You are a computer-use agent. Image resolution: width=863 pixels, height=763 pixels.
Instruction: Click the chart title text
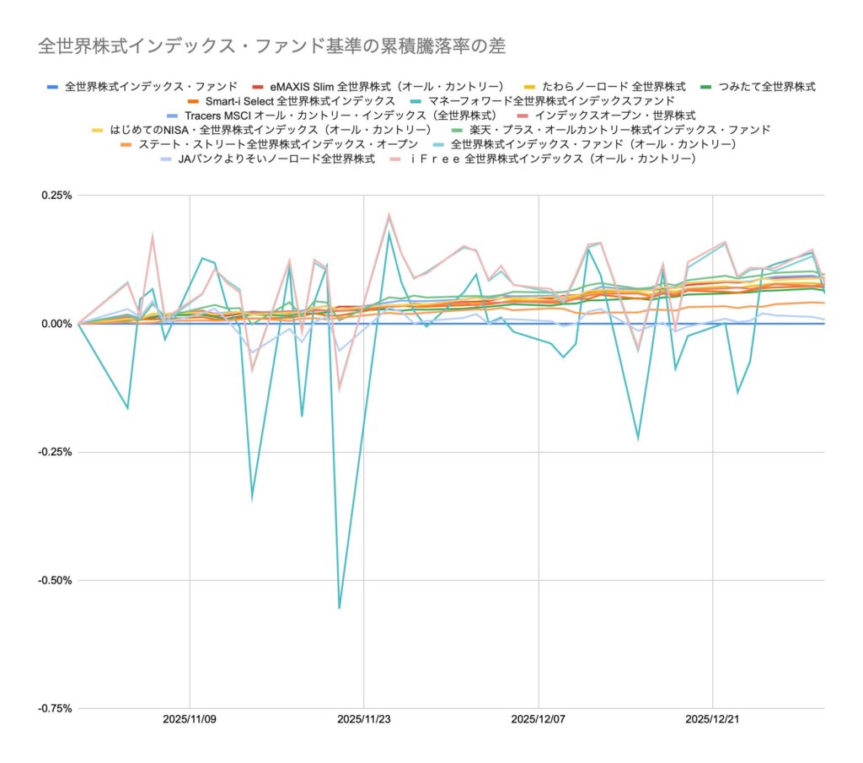pyautogui.click(x=271, y=46)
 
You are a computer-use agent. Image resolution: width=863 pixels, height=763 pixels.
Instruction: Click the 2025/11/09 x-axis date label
pyautogui.click(x=190, y=720)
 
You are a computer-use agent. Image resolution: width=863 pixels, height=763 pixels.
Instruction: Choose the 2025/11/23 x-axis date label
pyautogui.click(x=364, y=720)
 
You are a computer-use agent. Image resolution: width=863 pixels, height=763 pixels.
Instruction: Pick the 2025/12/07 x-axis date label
pyautogui.click(x=539, y=720)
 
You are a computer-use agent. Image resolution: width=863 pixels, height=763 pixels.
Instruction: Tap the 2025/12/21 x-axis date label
pyautogui.click(x=713, y=720)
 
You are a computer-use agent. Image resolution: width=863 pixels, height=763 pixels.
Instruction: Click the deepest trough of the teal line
pyautogui.click(x=340, y=608)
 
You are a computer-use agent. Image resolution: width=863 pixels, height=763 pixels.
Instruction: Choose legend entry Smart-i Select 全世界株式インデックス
pyautogui.click(x=300, y=100)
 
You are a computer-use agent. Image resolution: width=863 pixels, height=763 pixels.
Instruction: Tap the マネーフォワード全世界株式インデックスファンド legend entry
pyautogui.click(x=557, y=100)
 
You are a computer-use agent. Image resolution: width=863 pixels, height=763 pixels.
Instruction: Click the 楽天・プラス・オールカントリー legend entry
pyautogui.click(x=612, y=130)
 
